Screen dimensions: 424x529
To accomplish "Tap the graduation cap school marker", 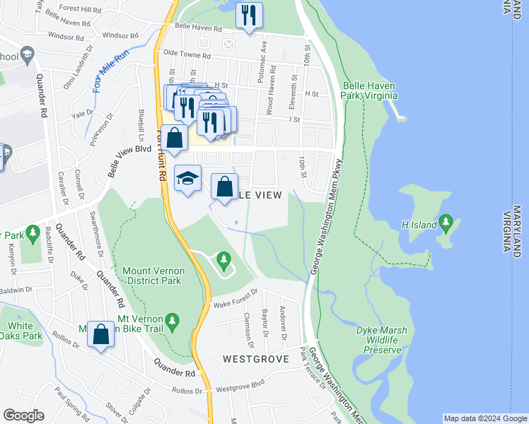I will click(x=188, y=179).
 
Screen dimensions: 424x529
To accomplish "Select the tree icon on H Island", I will click(x=446, y=225).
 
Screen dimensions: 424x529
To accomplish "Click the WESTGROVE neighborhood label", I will click(x=256, y=359).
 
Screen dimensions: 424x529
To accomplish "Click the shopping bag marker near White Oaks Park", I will click(x=101, y=334).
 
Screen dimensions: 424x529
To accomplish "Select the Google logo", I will click(x=23, y=416).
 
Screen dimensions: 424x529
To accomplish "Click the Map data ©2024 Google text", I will click(x=485, y=418).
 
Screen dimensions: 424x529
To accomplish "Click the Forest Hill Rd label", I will click(x=80, y=9).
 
